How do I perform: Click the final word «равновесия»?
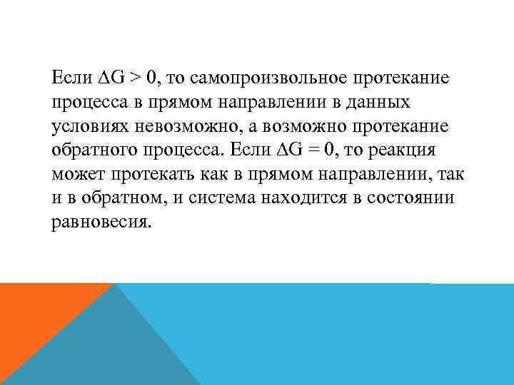click(102, 222)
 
